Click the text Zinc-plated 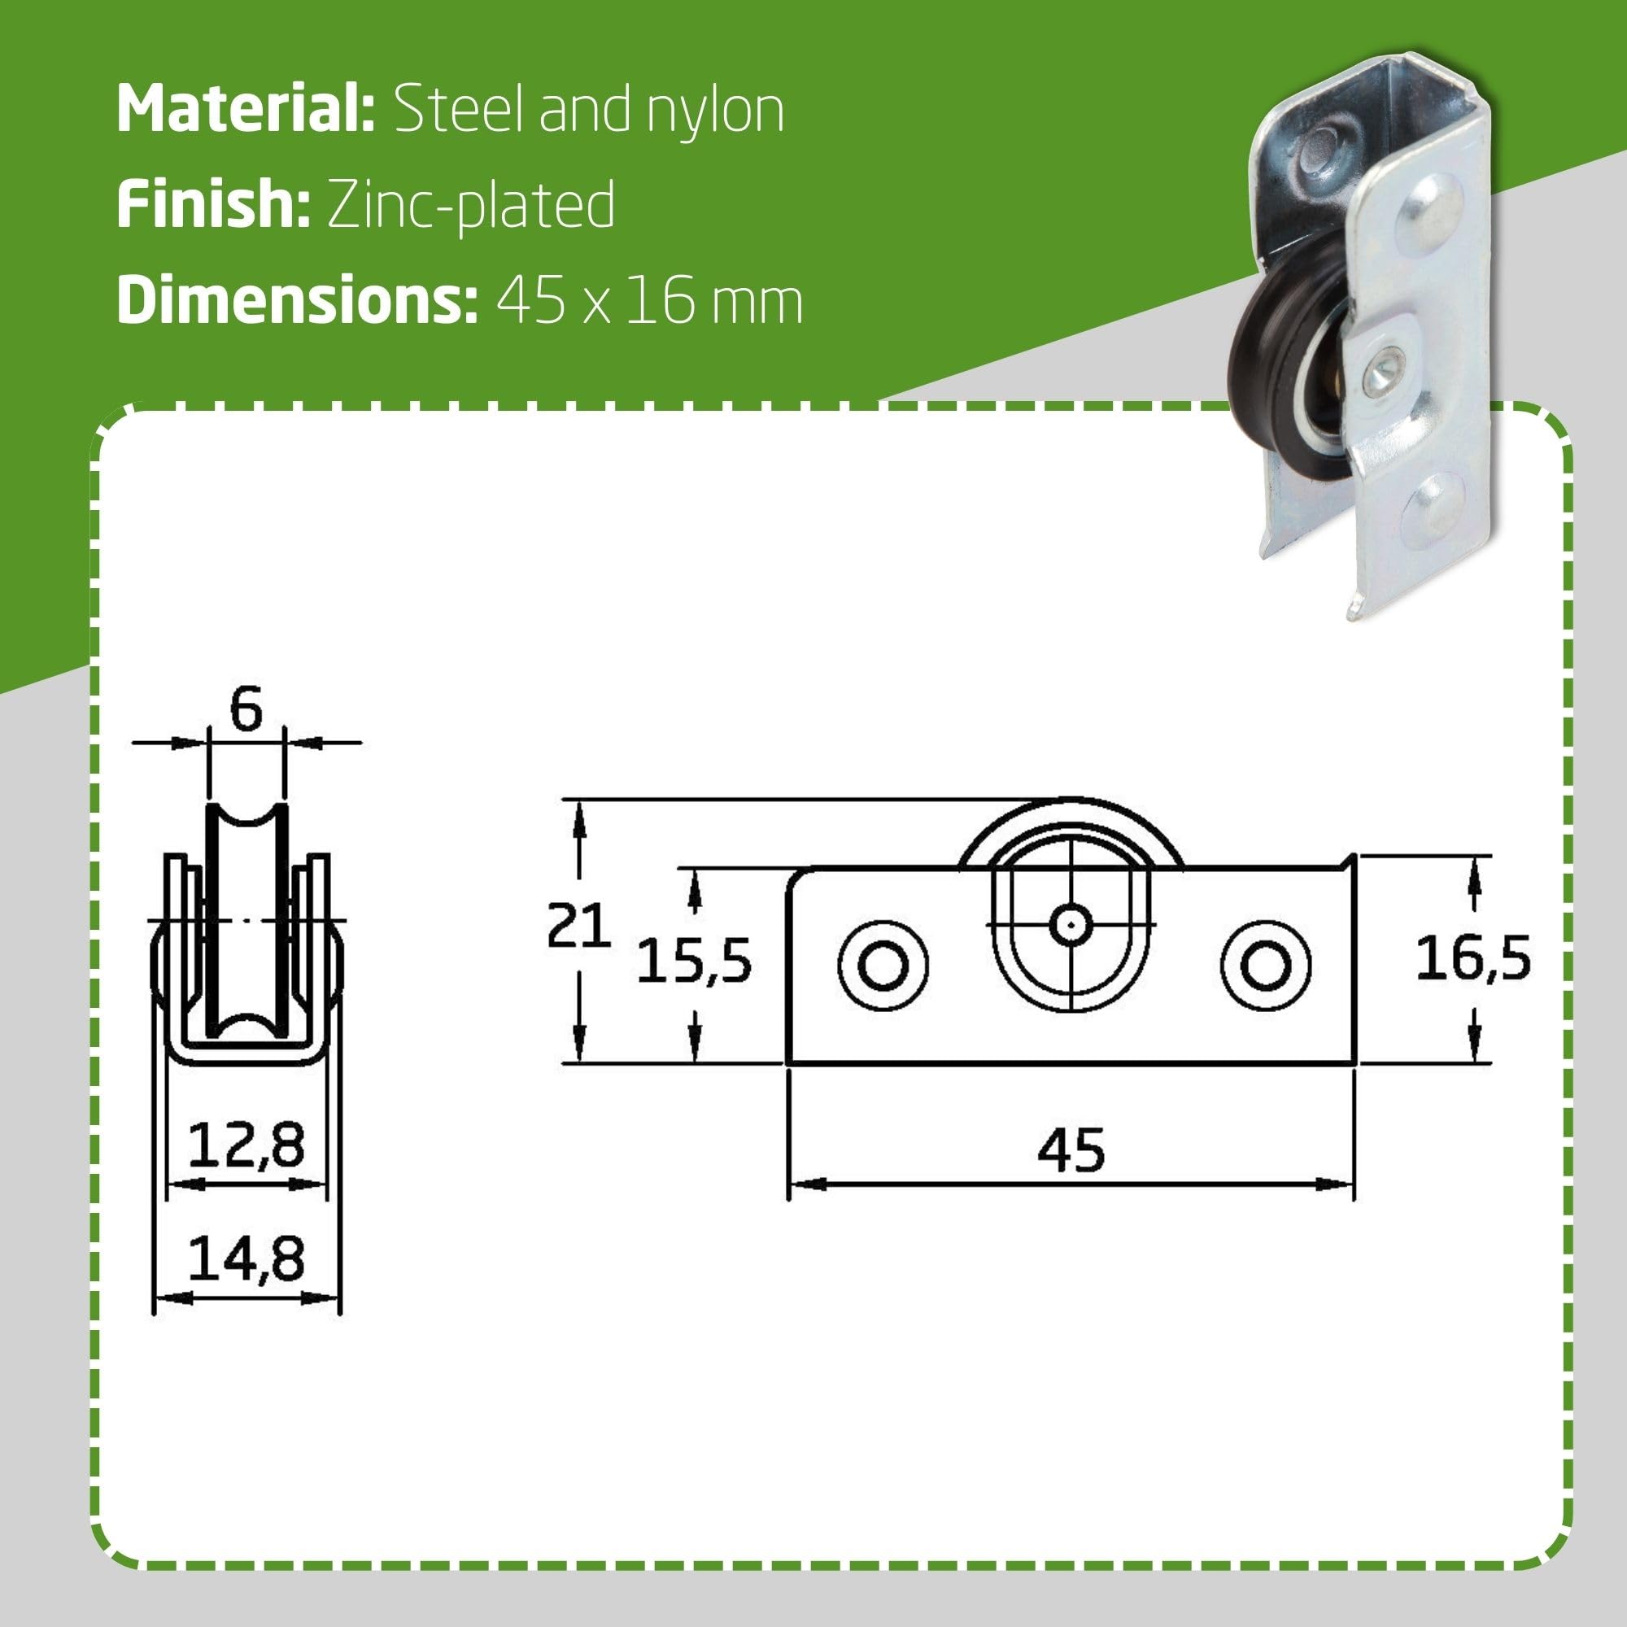pyautogui.click(x=471, y=207)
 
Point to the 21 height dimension pyautogui.click(x=578, y=926)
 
